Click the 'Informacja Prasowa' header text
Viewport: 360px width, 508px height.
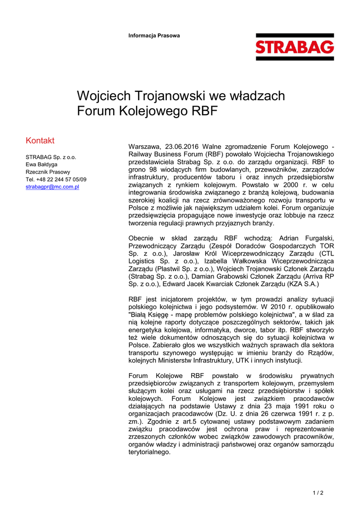154,36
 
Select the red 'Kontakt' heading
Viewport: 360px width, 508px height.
40,140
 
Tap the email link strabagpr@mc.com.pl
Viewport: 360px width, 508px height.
53,187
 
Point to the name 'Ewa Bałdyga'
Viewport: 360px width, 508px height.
42,164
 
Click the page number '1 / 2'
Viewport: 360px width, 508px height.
318,493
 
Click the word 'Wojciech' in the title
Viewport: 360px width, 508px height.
103,96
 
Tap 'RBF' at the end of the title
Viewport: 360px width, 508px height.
204,111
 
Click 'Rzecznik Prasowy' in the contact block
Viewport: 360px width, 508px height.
48,172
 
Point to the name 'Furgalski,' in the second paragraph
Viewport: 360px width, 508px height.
317,238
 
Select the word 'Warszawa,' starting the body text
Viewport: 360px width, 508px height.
144,147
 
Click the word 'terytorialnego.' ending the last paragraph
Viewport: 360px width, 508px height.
149,452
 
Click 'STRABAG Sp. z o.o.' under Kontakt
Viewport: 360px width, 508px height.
51,157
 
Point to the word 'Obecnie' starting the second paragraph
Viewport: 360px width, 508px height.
143,238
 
